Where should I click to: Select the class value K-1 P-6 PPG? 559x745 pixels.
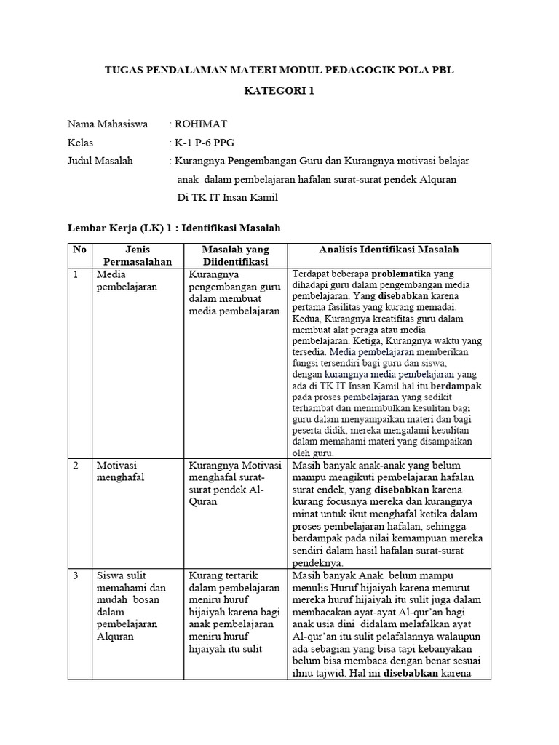click(205, 143)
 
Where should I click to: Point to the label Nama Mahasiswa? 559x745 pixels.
click(107, 124)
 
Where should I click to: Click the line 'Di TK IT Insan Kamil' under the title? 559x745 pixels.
click(227, 198)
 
